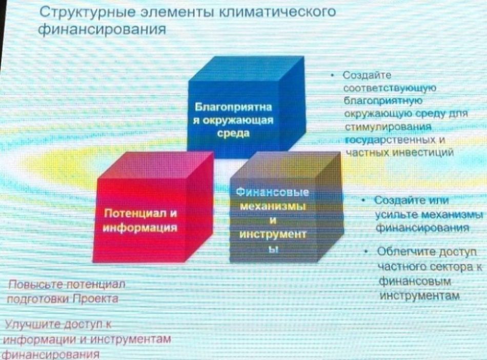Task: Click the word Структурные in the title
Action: pos(88,12)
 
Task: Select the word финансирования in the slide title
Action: pos(102,29)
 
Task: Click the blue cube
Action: pos(246,107)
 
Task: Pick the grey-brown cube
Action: pos(287,207)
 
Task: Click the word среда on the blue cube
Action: pos(233,133)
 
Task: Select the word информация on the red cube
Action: pos(140,228)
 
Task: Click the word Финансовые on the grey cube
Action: pos(272,192)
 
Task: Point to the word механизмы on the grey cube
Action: pos(272,206)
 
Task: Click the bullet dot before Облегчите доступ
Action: pos(367,251)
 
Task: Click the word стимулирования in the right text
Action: pos(388,127)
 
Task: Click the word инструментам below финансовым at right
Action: pos(420,296)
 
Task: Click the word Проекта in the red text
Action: pos(96,299)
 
